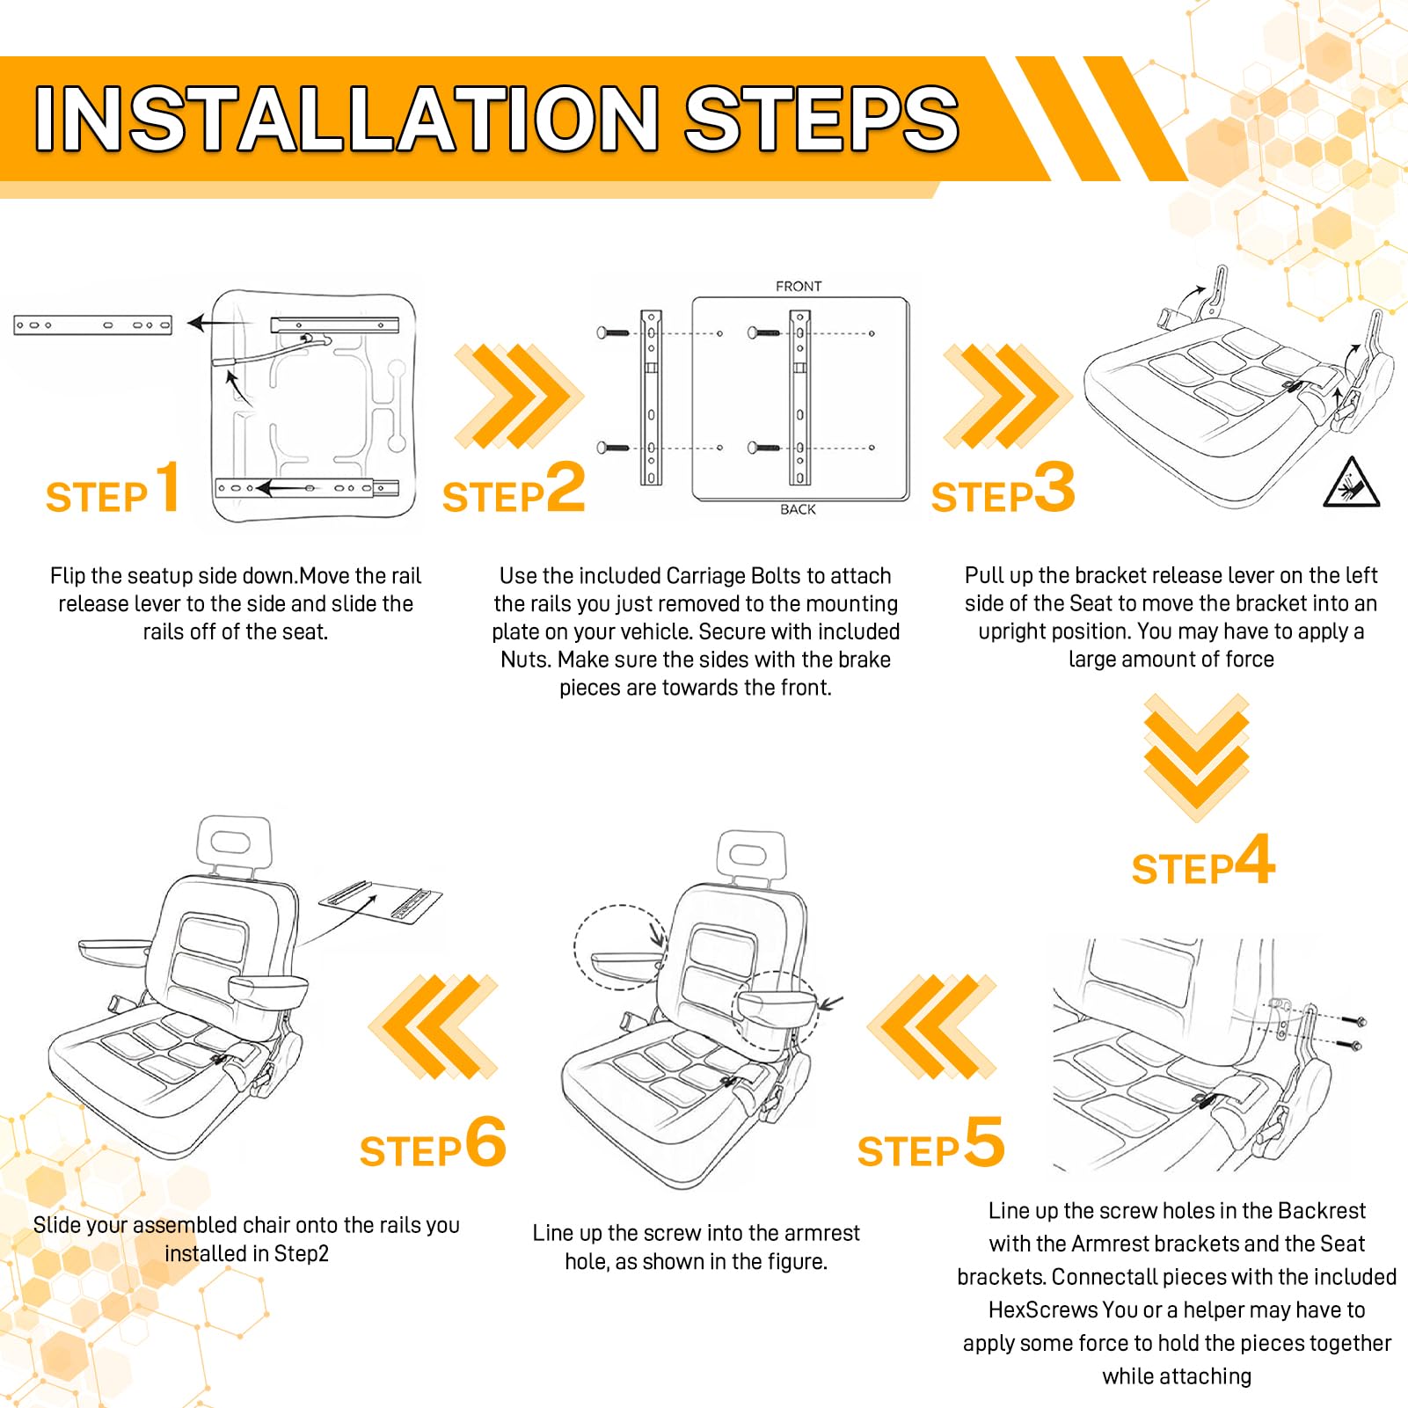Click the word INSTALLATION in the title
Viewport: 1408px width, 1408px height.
[347, 119]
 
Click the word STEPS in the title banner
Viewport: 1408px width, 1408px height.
[821, 119]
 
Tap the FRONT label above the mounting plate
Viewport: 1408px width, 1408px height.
[799, 287]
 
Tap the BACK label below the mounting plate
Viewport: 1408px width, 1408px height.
[798, 509]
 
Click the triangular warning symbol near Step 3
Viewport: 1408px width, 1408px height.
[1351, 483]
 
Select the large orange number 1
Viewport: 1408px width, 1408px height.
[168, 486]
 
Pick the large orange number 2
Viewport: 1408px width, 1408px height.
[565, 486]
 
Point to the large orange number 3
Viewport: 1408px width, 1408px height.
[1054, 486]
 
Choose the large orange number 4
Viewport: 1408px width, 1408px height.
[1255, 858]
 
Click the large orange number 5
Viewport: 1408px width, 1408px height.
[984, 1142]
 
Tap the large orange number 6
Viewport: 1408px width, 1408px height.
[485, 1142]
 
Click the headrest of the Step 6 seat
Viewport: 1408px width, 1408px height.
[235, 843]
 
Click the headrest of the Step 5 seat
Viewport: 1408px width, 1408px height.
[749, 856]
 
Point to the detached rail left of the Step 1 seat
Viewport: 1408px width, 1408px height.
[92, 325]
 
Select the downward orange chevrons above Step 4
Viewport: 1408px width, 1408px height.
[1196, 757]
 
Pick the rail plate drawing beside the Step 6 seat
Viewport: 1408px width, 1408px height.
[381, 902]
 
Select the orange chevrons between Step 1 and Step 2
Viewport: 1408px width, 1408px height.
[519, 395]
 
